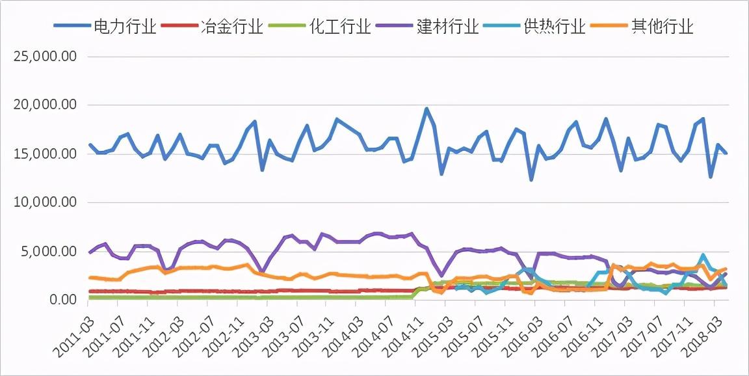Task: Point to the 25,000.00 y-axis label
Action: [45, 57]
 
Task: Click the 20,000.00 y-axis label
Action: [45, 105]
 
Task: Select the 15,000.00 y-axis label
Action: [45, 154]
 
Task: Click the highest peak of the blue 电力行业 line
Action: [427, 109]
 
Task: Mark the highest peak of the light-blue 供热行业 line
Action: [703, 256]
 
